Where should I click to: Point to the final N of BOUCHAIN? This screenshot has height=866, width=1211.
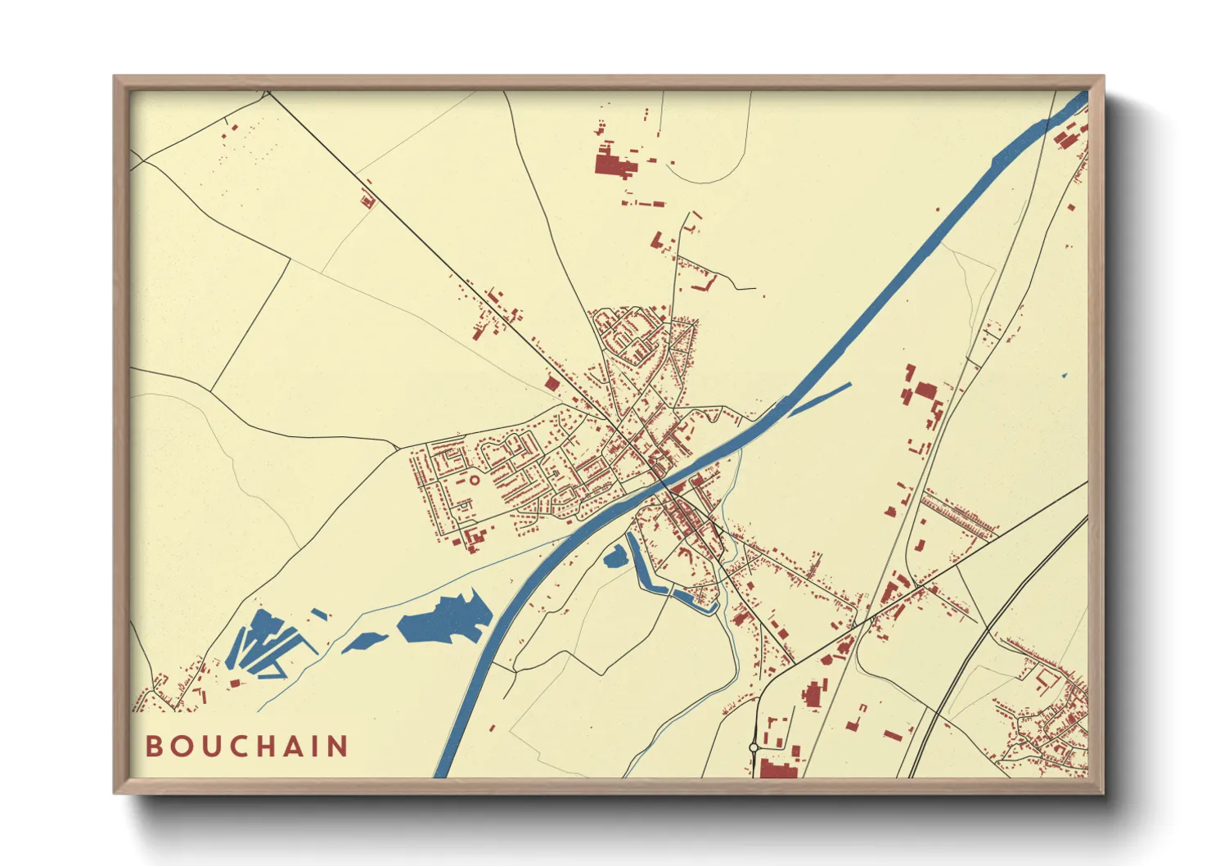tap(338, 746)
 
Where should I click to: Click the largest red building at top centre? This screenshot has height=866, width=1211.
tap(612, 163)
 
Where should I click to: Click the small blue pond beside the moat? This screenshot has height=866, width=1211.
tap(614, 557)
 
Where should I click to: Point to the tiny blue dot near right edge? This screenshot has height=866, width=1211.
tap(1065, 376)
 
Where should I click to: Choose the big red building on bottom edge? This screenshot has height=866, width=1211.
tap(778, 769)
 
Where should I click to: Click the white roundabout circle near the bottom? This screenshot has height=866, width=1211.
tap(753, 747)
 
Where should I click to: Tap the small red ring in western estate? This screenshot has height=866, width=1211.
tap(472, 480)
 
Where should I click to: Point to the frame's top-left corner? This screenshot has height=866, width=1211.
tap(115, 77)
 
